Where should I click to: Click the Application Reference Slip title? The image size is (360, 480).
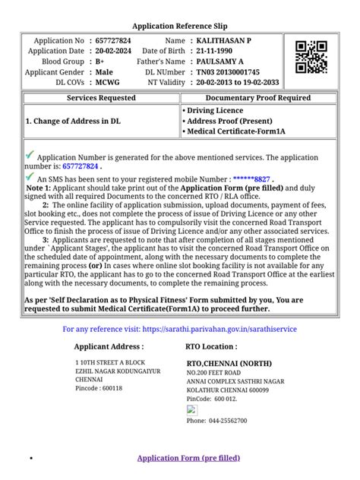click(180, 25)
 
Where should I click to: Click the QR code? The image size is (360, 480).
click(311, 57)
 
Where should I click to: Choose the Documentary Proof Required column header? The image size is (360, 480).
click(257, 98)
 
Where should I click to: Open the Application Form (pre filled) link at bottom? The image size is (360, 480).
click(188, 458)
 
